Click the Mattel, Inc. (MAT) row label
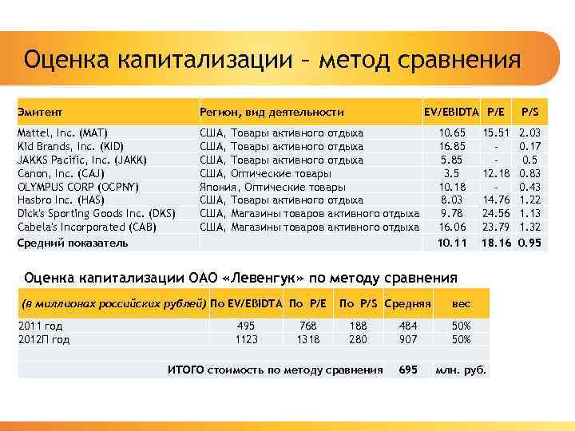[x=62, y=132]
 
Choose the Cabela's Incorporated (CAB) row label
[x=87, y=227]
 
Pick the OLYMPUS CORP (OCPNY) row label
[x=78, y=187]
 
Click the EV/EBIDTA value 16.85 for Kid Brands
[x=453, y=146]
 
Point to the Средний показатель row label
[x=73, y=243]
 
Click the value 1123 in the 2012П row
[x=247, y=339]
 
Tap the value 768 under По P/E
[x=307, y=326]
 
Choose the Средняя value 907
[x=408, y=339]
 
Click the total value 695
[x=408, y=370]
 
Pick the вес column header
[x=462, y=304]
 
